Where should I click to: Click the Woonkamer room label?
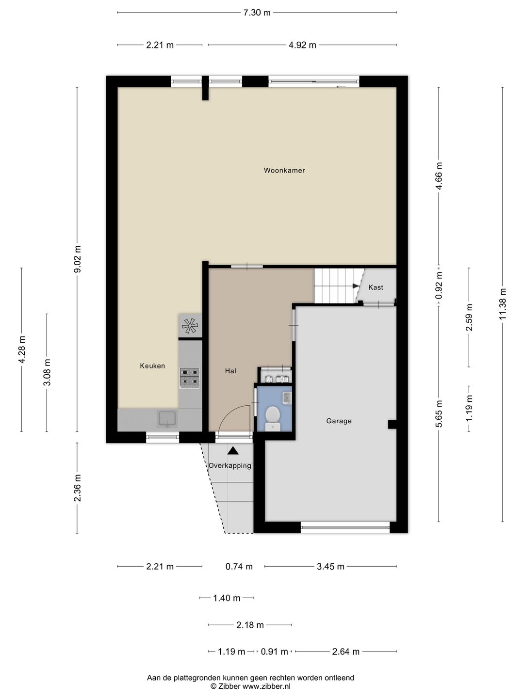[x=284, y=171]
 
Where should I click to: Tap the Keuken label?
[x=152, y=366]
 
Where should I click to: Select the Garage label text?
[x=339, y=421]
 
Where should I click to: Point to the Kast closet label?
[x=376, y=287]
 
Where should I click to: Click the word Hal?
[x=230, y=371]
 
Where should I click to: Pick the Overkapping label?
[x=229, y=466]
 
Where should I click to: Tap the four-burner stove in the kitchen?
[x=190, y=378]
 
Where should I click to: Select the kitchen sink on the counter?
[x=167, y=419]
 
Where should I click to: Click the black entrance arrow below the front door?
[x=233, y=450]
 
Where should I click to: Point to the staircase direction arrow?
[x=355, y=286]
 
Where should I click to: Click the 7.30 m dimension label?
[x=257, y=13]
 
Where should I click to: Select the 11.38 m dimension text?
[x=502, y=304]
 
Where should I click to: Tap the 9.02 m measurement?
[x=77, y=259]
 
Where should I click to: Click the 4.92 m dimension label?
[x=302, y=45]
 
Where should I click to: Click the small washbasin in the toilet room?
[x=287, y=397]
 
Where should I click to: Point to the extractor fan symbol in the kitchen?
[x=190, y=326]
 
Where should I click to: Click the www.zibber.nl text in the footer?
[x=267, y=686]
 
